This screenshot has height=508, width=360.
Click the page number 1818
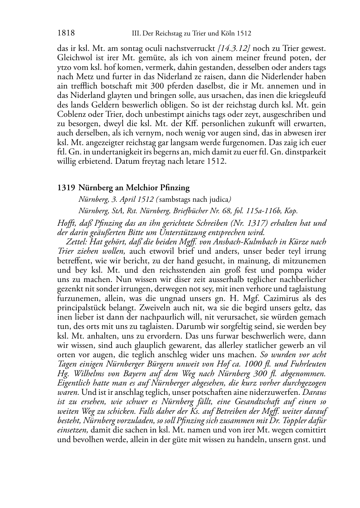tap(66, 33)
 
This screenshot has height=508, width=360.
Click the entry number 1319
tap(66, 187)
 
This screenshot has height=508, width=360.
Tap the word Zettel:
tap(77, 242)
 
